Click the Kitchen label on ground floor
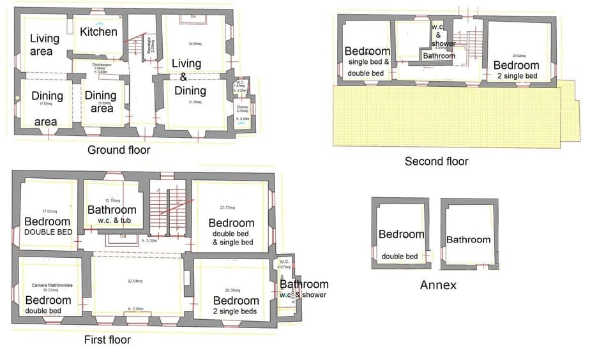coord(98,31)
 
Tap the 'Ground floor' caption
coord(119,150)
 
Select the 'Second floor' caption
coord(436,161)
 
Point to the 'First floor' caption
coord(107,340)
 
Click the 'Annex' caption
coord(438,285)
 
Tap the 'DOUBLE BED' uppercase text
coord(48,232)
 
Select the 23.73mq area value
coord(226,207)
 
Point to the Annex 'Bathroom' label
coord(468,240)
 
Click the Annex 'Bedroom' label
coord(401,234)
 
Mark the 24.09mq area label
coord(195,44)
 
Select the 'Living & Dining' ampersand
coord(183,77)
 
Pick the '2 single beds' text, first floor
coord(236,311)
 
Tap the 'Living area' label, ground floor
coord(44,44)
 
